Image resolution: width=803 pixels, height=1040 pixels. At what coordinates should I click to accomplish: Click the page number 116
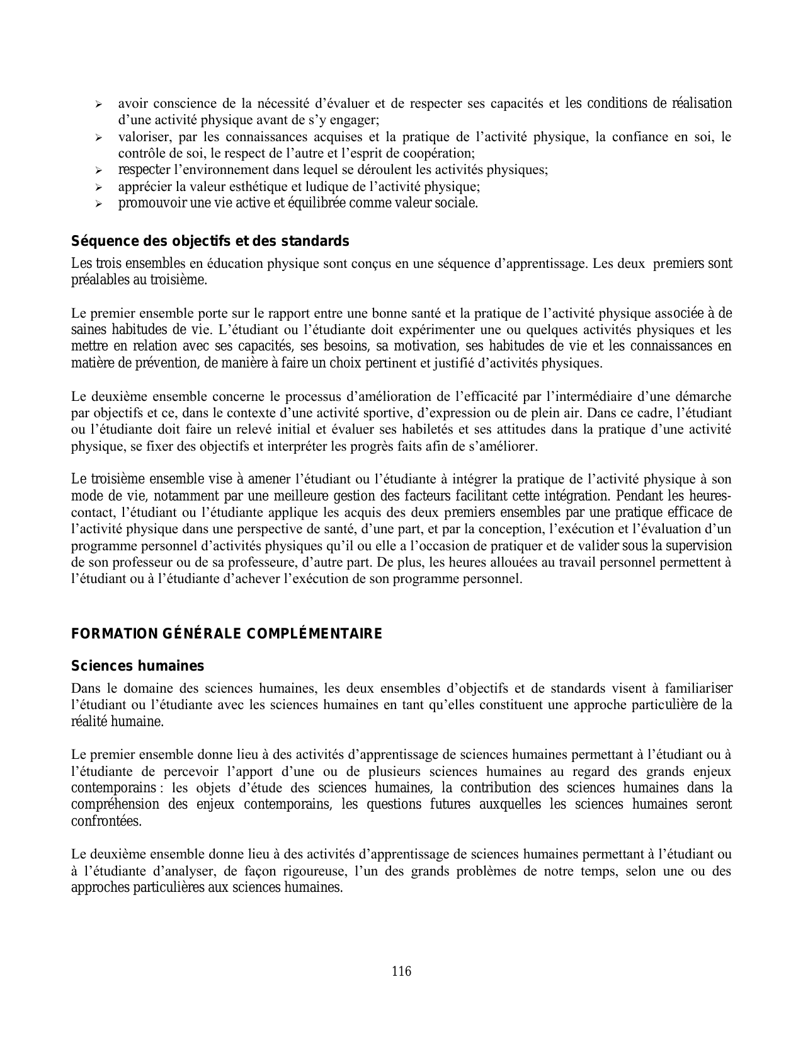[x=401, y=971]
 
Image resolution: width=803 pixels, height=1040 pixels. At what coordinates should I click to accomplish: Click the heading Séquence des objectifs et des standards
[x=210, y=241]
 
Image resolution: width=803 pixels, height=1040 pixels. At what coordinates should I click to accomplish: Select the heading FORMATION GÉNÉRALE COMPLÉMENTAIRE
[x=227, y=633]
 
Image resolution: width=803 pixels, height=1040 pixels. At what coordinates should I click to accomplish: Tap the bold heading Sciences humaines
[x=137, y=666]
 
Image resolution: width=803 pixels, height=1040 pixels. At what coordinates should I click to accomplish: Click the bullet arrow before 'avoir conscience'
[x=98, y=104]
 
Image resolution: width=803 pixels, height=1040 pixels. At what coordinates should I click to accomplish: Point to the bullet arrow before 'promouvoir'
[x=98, y=204]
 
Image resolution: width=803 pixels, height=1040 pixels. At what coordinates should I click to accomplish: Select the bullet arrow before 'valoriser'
[x=98, y=137]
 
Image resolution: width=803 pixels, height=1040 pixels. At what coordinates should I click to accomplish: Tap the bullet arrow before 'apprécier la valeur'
[x=98, y=187]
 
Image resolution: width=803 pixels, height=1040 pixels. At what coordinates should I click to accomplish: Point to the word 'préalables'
[x=100, y=280]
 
